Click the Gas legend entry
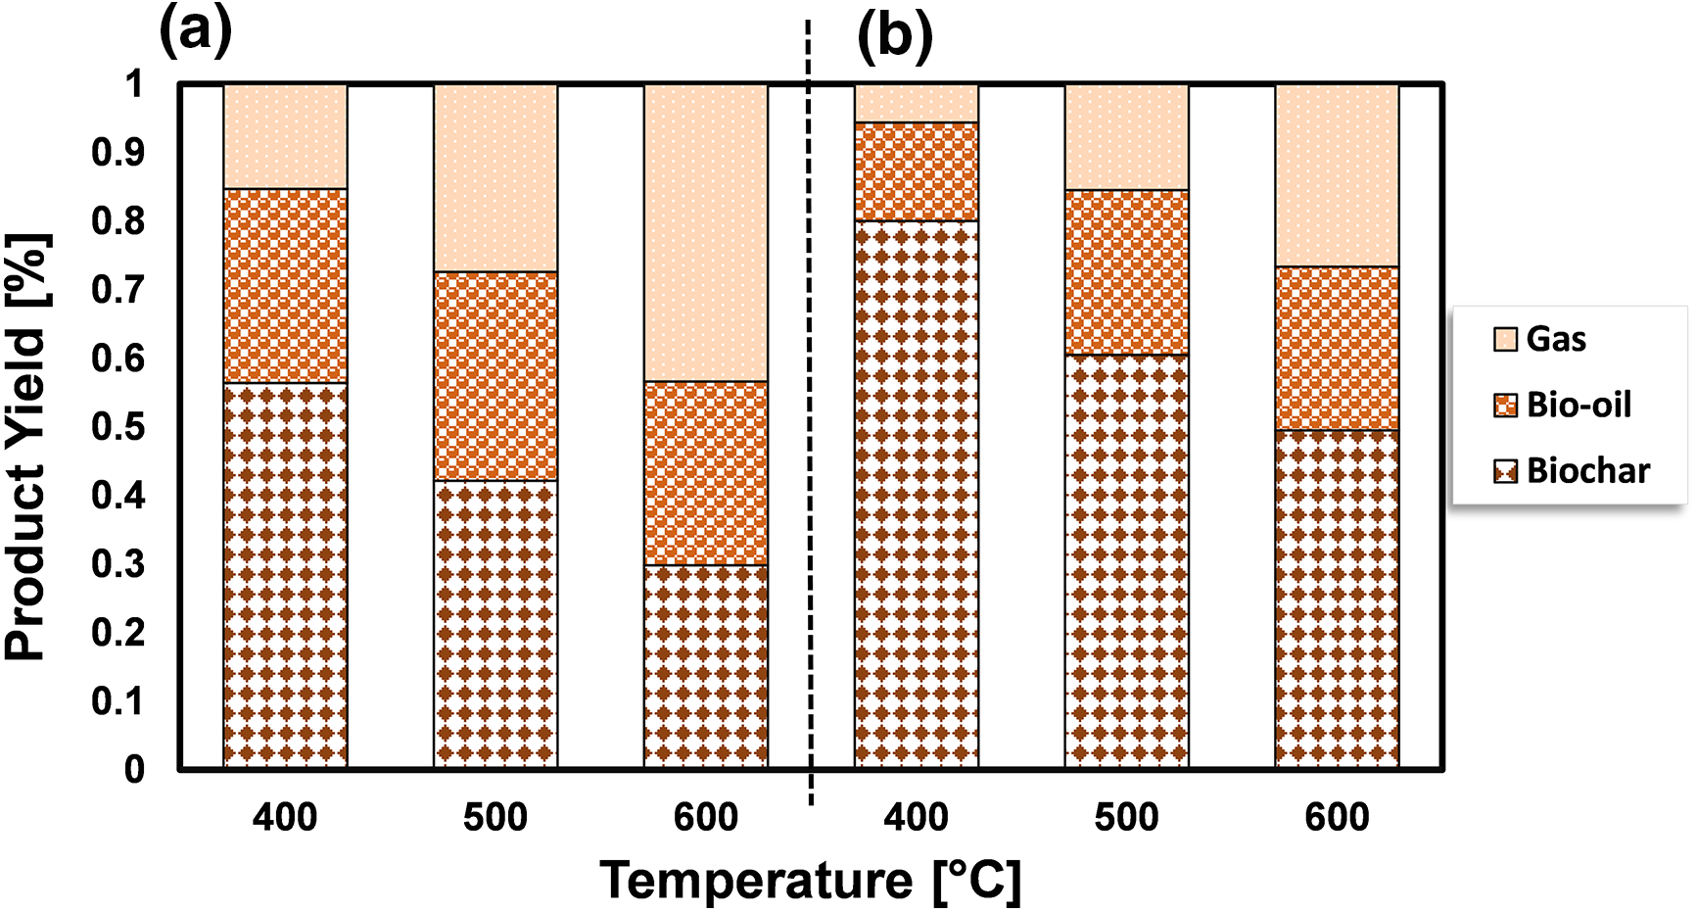pos(1555,339)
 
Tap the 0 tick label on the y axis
pos(133,770)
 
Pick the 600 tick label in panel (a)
pos(706,817)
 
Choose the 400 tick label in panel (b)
pos(917,817)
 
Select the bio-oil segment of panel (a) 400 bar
pos(285,285)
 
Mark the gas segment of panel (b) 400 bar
pos(917,104)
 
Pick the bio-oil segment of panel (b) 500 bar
pos(1127,272)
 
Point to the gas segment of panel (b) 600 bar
pos(1337,175)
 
